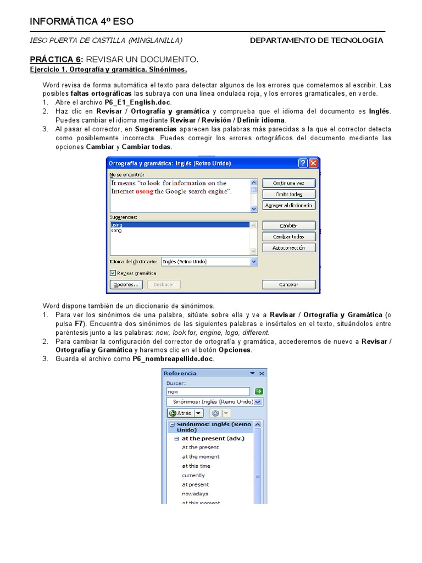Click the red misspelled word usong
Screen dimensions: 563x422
(145, 191)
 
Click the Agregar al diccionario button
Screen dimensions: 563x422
(289, 205)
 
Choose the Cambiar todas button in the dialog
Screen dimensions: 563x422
(289, 236)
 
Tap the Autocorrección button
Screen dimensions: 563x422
(289, 247)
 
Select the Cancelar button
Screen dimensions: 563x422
(289, 285)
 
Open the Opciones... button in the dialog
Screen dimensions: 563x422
(126, 285)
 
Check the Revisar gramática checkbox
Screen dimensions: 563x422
(113, 273)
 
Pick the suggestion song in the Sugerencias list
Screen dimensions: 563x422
(116, 231)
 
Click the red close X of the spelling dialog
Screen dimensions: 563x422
(313, 163)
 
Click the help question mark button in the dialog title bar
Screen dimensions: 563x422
(303, 163)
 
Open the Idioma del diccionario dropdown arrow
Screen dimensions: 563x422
(254, 262)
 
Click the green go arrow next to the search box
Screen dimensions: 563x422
(258, 391)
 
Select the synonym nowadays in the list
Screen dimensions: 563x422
(196, 494)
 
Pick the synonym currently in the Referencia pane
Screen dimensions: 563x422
(193, 475)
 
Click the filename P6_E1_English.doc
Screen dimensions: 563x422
(138, 103)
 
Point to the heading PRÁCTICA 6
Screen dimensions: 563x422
(55, 59)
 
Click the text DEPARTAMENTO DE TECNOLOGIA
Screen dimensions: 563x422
(316, 41)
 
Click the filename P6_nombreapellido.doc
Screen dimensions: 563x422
(172, 358)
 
